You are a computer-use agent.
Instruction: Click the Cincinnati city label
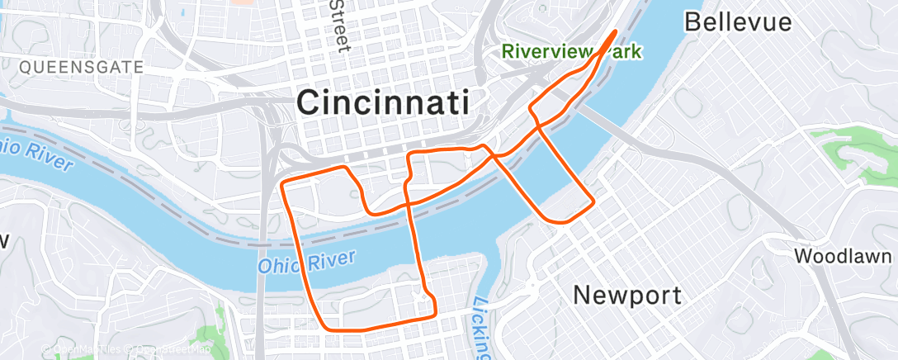(x=383, y=103)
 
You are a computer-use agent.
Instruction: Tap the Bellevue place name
(x=738, y=21)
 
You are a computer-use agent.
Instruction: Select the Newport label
(x=628, y=295)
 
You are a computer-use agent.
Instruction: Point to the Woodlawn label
(x=844, y=256)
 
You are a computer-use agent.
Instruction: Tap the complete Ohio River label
(x=306, y=263)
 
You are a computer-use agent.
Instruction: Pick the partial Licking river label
(x=480, y=326)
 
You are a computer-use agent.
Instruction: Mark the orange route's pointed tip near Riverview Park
(x=616, y=31)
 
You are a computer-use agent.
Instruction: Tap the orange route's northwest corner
(x=284, y=181)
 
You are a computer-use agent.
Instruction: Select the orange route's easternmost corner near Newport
(x=593, y=202)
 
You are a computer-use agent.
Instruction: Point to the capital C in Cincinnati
(x=309, y=103)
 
